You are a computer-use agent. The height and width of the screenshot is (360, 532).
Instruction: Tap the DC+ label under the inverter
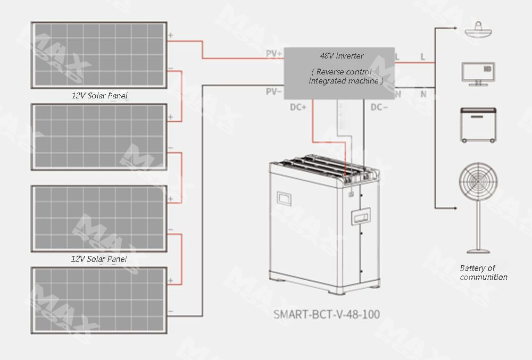[x=298, y=107]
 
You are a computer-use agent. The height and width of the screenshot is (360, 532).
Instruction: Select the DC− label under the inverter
[x=379, y=107]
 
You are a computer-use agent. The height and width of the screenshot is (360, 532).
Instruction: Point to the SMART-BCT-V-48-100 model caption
[x=327, y=314]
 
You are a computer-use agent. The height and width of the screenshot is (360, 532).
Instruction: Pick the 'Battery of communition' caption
[x=483, y=272]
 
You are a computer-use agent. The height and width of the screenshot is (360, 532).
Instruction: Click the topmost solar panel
[x=99, y=55]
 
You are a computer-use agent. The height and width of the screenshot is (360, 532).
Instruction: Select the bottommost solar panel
[x=99, y=299]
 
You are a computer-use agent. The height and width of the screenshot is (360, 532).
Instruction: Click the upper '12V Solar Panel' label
[x=99, y=96]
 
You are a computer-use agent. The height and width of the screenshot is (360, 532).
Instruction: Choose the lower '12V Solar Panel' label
[x=99, y=259]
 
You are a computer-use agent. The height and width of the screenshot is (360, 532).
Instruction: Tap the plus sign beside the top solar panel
[x=171, y=36]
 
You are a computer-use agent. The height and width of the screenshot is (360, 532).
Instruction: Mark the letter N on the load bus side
[x=423, y=94]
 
